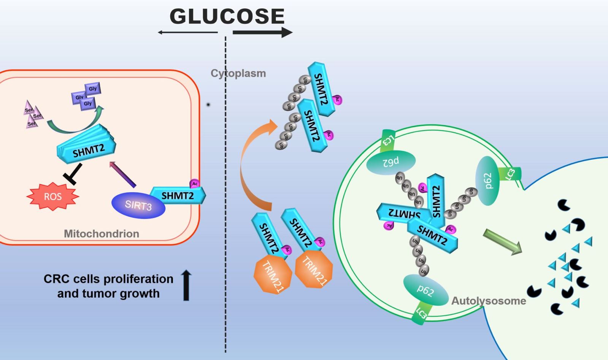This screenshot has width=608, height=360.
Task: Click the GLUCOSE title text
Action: coord(227,16)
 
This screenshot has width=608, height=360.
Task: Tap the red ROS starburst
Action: coord(53,197)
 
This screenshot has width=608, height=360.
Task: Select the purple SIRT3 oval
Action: coord(138,205)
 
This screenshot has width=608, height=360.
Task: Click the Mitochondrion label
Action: coord(101,233)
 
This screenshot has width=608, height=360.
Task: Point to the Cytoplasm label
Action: coord(238,73)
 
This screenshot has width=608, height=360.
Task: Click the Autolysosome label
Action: coord(489,301)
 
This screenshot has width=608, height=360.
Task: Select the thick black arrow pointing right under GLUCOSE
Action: coord(262,33)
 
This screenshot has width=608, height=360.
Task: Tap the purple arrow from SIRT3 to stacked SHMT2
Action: coord(122,174)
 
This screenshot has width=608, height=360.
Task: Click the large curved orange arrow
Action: coord(251,163)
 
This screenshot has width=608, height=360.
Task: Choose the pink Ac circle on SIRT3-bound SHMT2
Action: coord(195,184)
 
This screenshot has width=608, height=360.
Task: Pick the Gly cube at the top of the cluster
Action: coord(93,89)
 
